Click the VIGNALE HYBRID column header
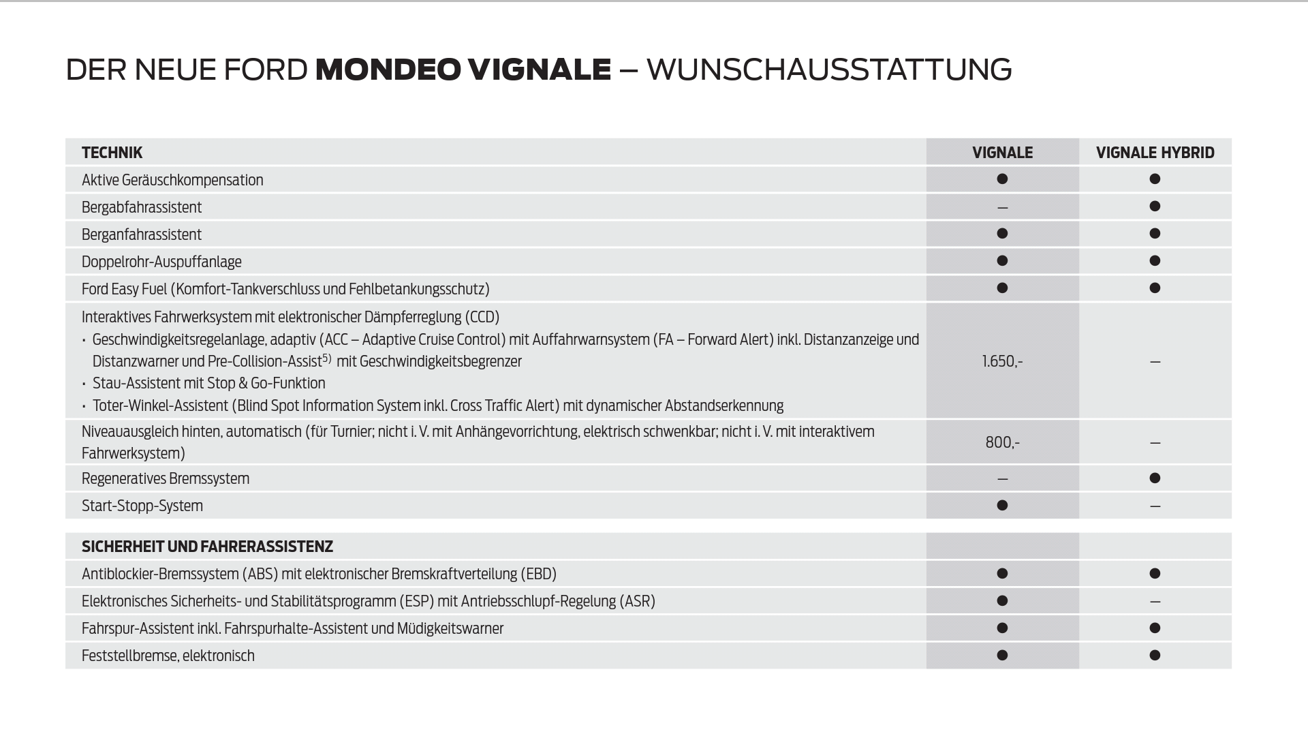[x=1155, y=153]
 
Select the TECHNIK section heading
[x=112, y=153]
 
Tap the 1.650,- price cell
[x=1002, y=361]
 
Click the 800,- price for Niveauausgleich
[x=1002, y=442]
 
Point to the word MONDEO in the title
[x=387, y=70]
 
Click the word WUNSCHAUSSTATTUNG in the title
[x=828, y=70]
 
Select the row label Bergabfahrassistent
[x=142, y=207]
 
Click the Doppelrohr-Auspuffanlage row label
[x=161, y=262]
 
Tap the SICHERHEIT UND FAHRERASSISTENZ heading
[x=207, y=547]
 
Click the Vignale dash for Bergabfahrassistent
[x=1002, y=207]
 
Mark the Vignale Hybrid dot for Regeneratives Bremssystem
[x=1155, y=478]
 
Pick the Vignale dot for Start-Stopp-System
[x=1002, y=505]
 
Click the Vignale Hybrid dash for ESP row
[x=1155, y=602]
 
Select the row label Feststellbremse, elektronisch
[x=168, y=656]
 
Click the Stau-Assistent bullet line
[x=208, y=383]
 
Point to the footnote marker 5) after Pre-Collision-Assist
[x=327, y=358]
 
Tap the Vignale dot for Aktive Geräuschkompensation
[x=1002, y=179]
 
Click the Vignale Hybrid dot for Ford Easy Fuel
[x=1155, y=288]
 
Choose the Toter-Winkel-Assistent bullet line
[x=437, y=405]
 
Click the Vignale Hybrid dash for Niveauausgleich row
[x=1155, y=443]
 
